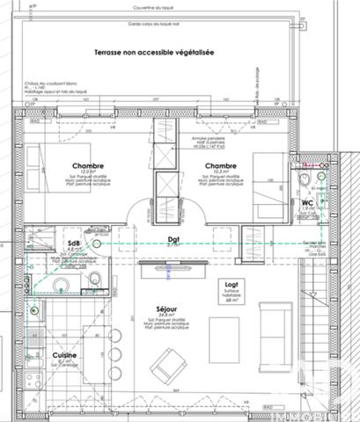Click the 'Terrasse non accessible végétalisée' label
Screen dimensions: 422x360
[159, 54]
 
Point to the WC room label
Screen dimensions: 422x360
[308, 203]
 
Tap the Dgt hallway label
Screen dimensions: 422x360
[173, 238]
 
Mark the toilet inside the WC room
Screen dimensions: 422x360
[305, 181]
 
